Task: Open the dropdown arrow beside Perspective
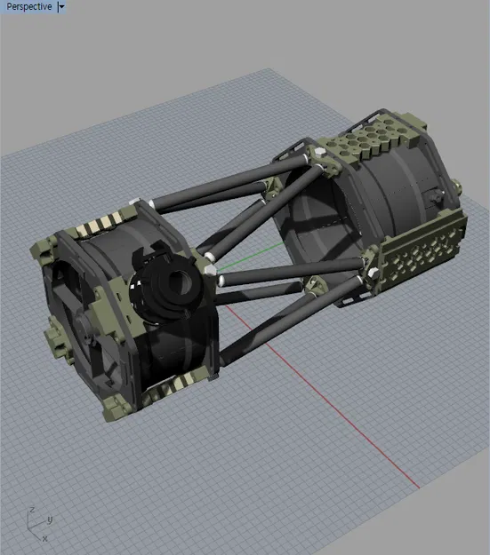click(x=60, y=6)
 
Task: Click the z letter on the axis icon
click(x=32, y=510)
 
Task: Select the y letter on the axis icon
click(x=50, y=519)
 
